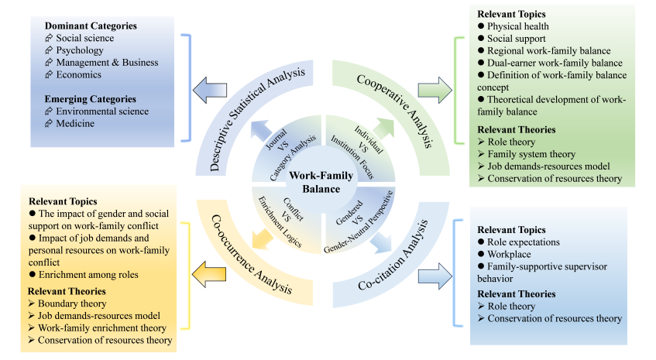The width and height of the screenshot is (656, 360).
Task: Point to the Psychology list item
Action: pyautogui.click(x=81, y=50)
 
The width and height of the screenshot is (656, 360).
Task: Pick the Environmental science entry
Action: pyautogui.click(x=101, y=111)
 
